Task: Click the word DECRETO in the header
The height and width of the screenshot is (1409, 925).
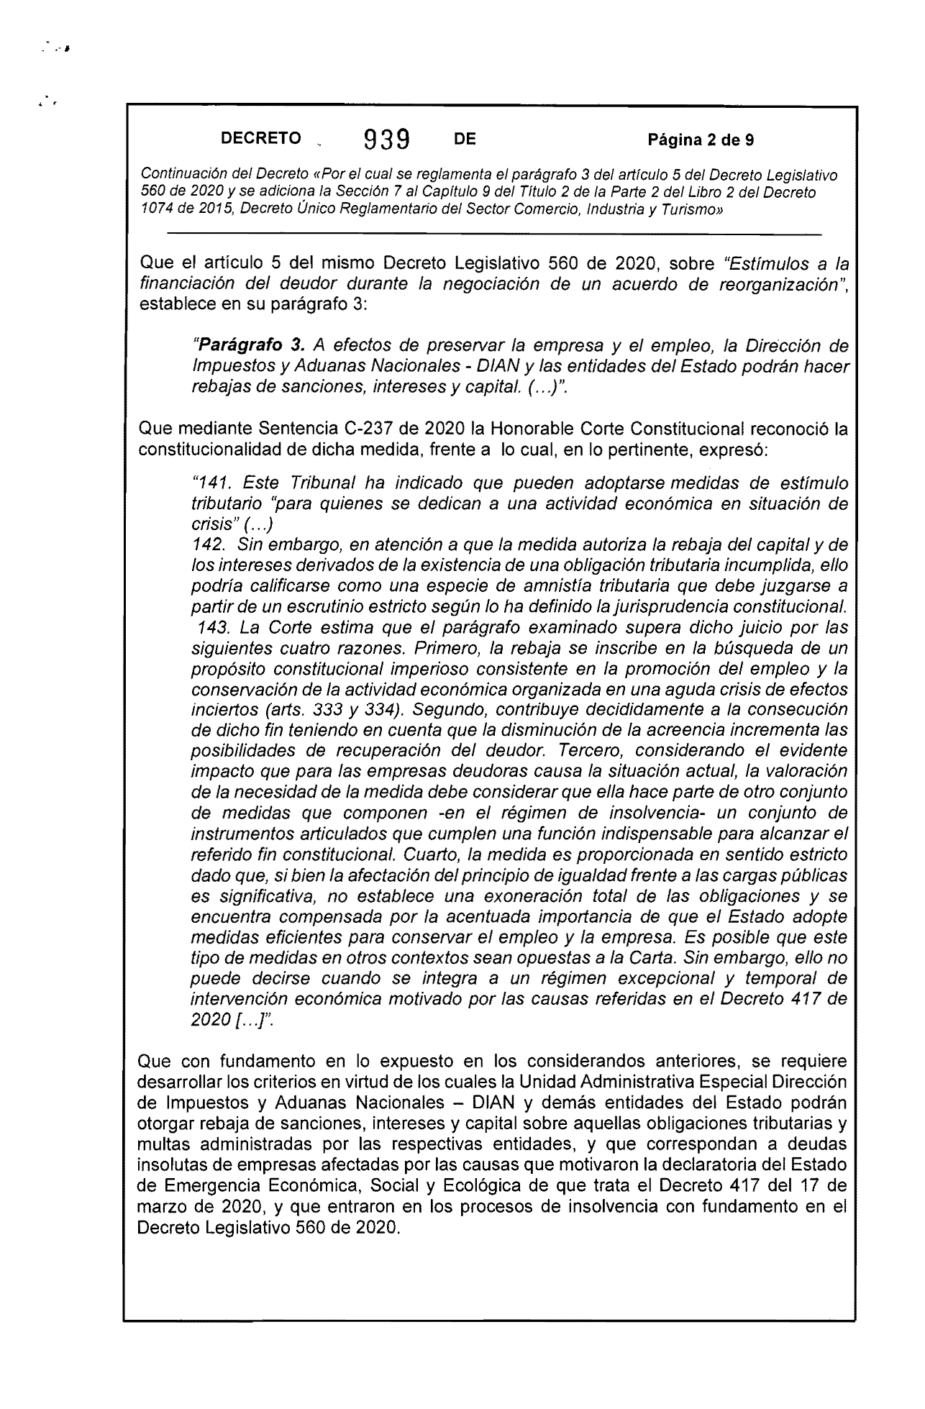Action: coord(260,139)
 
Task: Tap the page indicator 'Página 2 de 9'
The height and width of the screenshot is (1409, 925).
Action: coord(701,140)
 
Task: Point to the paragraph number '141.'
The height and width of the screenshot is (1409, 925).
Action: coord(209,482)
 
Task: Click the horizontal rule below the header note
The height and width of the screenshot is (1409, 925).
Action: coord(493,234)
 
